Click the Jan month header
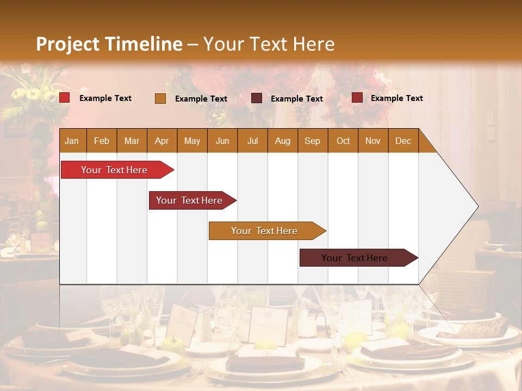coord(72,141)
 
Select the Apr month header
coord(161,141)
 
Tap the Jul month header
coord(252,141)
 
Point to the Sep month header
coord(312,141)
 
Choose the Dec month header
coord(403,141)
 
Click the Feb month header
coord(102,141)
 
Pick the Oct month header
coord(343,141)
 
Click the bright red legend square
coord(65,98)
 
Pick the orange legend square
coord(160,98)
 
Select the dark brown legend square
coord(257,98)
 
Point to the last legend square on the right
coord(357,98)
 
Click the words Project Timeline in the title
coord(109,44)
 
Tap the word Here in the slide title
coord(314,44)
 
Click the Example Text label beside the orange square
coord(201,99)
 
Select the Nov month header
coord(373,141)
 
